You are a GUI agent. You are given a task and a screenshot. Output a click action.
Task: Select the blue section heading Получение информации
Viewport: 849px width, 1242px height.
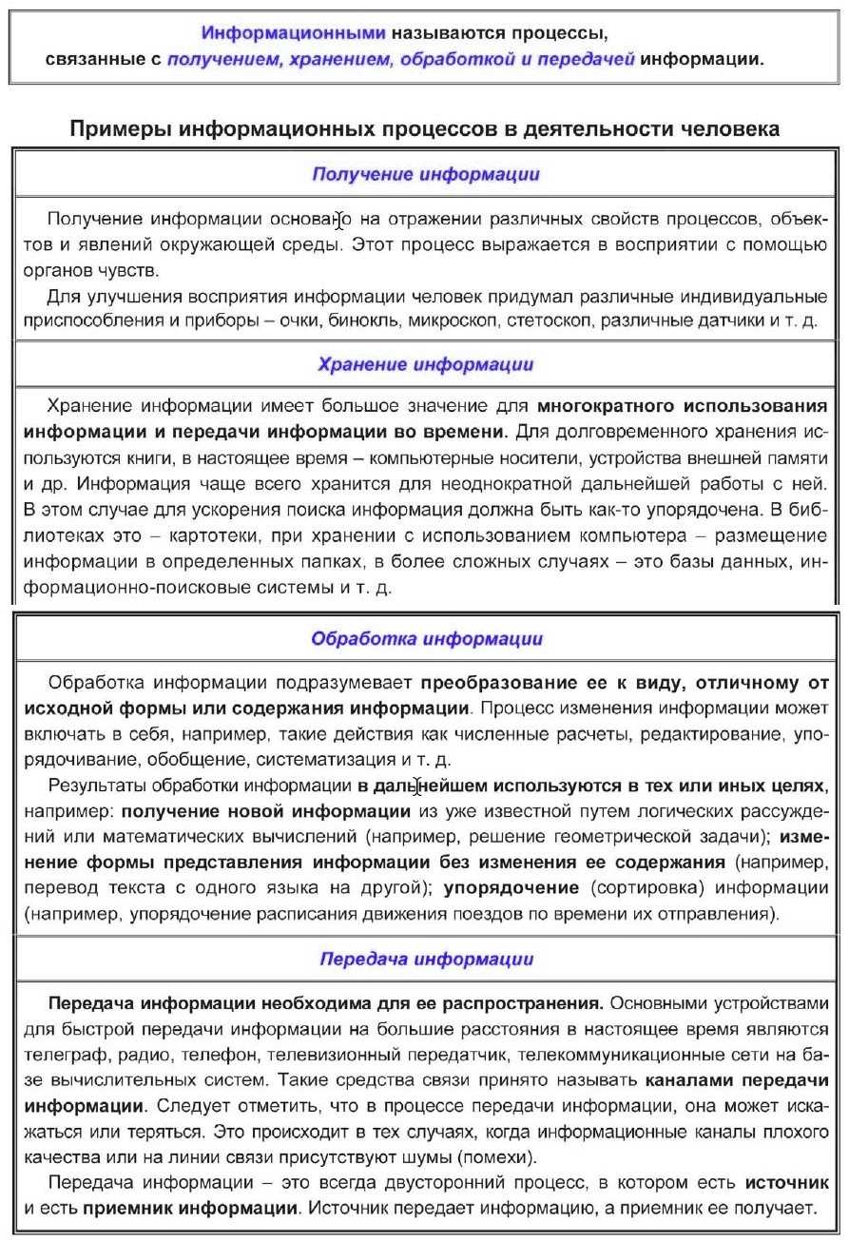tap(426, 174)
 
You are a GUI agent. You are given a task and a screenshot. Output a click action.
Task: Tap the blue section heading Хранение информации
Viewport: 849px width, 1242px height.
tap(425, 364)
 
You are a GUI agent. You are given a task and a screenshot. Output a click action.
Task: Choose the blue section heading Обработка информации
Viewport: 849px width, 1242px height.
tap(427, 638)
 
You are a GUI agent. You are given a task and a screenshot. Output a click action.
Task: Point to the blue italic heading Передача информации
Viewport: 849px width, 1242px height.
tap(426, 959)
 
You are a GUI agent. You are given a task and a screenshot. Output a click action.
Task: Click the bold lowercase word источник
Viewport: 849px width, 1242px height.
tap(786, 1183)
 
